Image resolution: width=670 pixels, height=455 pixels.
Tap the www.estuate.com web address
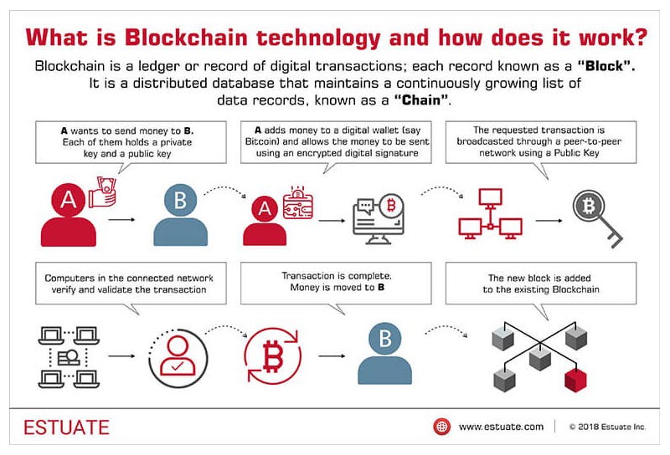tap(501, 427)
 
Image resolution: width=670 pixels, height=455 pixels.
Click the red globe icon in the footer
tap(441, 427)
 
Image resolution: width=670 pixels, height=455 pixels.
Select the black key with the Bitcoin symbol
tap(596, 216)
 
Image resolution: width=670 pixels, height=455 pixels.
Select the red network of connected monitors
tap(492, 215)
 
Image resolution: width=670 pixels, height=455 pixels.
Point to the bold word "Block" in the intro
tap(598, 65)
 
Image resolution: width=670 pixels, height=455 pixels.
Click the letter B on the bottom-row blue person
tap(386, 340)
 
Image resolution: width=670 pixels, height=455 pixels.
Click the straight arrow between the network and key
tap(549, 222)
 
